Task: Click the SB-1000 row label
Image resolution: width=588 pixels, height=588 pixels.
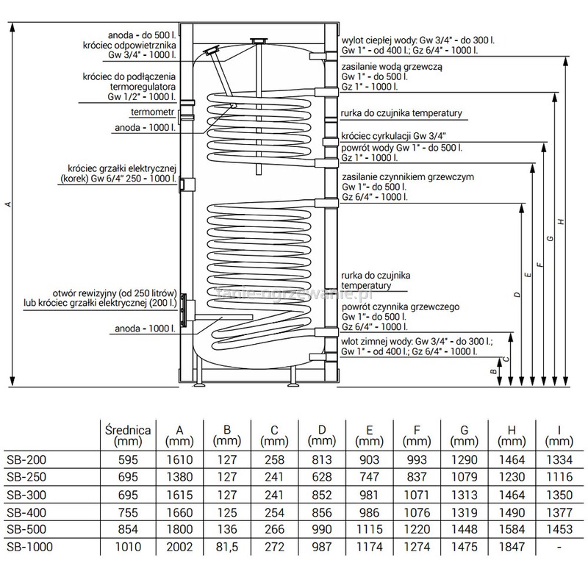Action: coord(24,545)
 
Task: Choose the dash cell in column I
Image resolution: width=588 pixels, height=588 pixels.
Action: coord(560,545)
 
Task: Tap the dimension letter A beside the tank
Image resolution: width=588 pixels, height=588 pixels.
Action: coord(7,204)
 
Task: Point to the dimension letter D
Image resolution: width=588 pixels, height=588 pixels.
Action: coord(517,294)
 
